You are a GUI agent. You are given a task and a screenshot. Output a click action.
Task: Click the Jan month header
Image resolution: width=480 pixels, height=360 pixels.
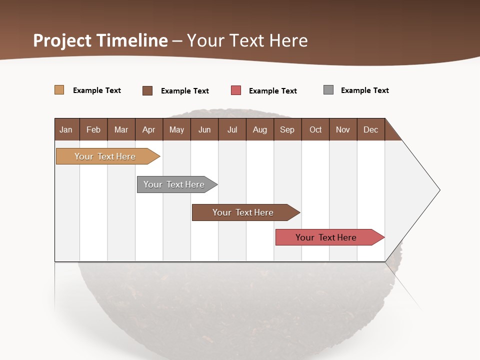pyautogui.click(x=66, y=129)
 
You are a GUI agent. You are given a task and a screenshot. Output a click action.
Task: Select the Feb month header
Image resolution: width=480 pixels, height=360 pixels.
pyautogui.click(x=93, y=129)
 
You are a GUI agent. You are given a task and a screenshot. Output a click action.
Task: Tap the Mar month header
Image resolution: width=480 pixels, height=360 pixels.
pyautogui.click(x=121, y=129)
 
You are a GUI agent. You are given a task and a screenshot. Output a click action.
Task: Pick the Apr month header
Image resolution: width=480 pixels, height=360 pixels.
pyautogui.click(x=149, y=129)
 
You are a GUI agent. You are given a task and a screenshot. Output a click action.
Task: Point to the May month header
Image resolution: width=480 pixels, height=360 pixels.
pyautogui.click(x=176, y=129)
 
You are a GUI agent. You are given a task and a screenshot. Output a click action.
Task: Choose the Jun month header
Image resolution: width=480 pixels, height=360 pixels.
pyautogui.click(x=204, y=129)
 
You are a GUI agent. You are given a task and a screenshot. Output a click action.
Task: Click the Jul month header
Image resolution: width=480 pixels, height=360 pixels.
pyautogui.click(x=232, y=129)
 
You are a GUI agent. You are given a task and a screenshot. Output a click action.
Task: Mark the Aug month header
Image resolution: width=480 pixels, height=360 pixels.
pyautogui.click(x=260, y=129)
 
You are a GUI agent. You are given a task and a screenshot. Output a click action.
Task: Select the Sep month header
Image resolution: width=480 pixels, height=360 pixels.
pyautogui.click(x=287, y=129)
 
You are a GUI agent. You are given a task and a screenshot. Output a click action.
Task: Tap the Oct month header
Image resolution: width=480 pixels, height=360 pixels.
pyautogui.click(x=315, y=129)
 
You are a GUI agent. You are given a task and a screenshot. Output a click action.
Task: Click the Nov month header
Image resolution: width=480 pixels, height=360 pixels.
pyautogui.click(x=343, y=129)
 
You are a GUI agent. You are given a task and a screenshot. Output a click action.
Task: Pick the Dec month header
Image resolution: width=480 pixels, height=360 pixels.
pyautogui.click(x=371, y=129)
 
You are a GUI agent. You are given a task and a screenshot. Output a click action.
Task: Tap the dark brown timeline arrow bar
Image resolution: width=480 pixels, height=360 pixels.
pyautogui.click(x=243, y=212)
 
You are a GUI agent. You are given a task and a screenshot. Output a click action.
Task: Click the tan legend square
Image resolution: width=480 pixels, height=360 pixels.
pyautogui.click(x=59, y=90)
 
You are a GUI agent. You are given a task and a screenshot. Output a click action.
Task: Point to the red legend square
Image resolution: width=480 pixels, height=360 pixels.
pyautogui.click(x=236, y=90)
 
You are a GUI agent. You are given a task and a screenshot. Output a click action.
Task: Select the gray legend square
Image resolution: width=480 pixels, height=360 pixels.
pyautogui.click(x=328, y=90)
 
